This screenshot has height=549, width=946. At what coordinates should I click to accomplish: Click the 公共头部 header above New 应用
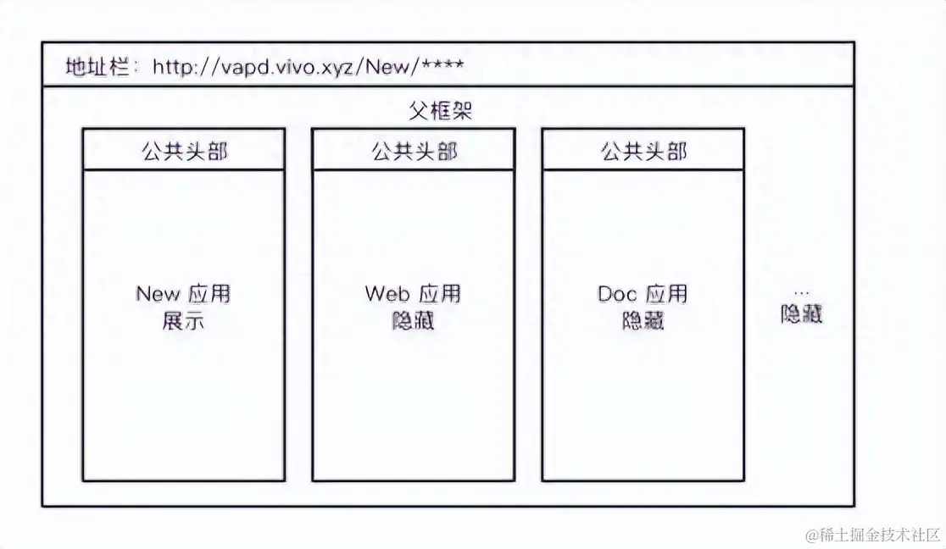coord(183,151)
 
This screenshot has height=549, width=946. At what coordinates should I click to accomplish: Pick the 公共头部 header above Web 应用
coord(414,151)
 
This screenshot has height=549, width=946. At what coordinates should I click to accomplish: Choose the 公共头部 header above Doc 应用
coord(643,151)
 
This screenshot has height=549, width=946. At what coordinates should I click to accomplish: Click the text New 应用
coord(183,294)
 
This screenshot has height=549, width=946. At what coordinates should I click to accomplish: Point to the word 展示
coord(183,321)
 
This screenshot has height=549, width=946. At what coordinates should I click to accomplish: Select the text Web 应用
coord(414,294)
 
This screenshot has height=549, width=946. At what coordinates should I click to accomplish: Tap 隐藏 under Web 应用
coord(414,321)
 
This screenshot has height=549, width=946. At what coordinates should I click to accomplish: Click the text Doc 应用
coord(643,294)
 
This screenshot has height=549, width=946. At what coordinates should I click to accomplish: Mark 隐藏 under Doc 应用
coord(643,321)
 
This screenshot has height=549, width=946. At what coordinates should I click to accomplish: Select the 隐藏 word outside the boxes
coord(801,314)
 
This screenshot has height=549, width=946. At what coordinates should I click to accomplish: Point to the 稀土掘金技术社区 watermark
coord(873,535)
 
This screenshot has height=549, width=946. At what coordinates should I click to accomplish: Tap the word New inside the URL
coord(387,66)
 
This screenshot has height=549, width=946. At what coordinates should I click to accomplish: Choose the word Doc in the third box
coord(617,294)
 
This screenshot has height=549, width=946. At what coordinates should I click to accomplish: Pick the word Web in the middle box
coord(387,294)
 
